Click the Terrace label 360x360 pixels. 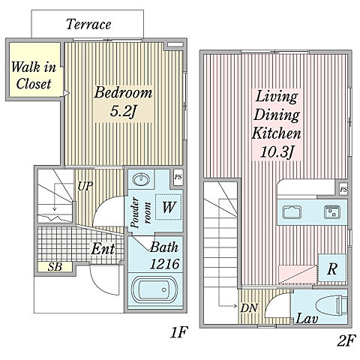(88, 24)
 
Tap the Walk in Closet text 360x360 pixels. (34, 75)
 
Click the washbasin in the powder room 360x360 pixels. (141, 179)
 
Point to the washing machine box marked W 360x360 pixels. (169, 207)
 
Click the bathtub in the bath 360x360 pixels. (155, 289)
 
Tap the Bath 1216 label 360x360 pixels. (164, 256)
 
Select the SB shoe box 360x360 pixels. (55, 267)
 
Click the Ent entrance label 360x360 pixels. (103, 249)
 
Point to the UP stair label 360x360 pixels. (85, 186)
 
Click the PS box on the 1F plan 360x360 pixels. (178, 177)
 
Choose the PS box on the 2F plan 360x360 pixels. (343, 190)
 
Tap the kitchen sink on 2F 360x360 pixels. (292, 212)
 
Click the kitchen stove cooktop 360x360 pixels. (332, 212)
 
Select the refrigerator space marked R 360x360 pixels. (332, 268)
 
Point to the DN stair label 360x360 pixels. (249, 308)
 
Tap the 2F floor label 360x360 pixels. (346, 341)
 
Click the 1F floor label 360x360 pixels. (179, 332)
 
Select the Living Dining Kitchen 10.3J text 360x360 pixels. (277, 124)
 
